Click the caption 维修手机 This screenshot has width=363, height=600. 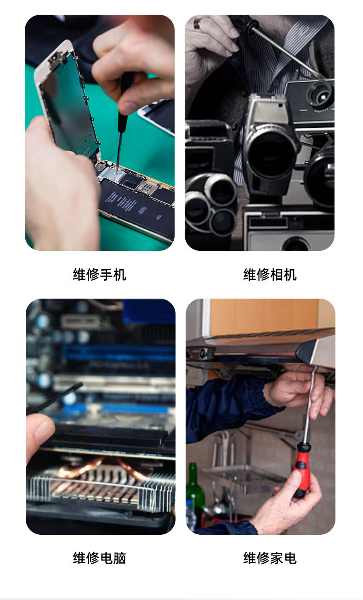click(99, 275)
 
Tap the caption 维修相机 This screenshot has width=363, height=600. click(270, 275)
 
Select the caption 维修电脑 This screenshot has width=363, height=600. click(99, 558)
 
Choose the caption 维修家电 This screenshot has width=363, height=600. click(270, 558)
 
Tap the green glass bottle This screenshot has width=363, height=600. click(194, 496)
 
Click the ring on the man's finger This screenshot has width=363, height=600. click(197, 24)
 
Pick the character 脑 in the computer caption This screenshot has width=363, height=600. click(119, 558)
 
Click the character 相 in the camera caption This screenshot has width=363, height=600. click(277, 275)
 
